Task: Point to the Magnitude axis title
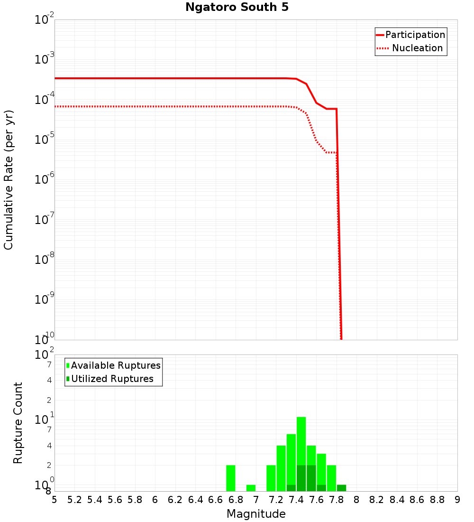tap(256, 514)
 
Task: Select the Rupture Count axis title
tap(18, 423)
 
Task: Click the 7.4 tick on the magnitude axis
tap(296, 500)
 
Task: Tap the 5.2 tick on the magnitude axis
tap(75, 500)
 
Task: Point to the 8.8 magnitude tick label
tap(438, 500)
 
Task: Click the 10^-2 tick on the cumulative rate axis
tap(45, 20)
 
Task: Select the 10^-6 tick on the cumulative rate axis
tap(45, 180)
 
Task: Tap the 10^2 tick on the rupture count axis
tap(45, 354)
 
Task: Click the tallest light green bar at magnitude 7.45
tap(301, 441)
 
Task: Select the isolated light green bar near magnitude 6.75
tap(231, 478)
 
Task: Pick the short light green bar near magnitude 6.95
tap(251, 488)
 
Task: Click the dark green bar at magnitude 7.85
tap(341, 488)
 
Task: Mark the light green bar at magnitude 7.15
tap(271, 478)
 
